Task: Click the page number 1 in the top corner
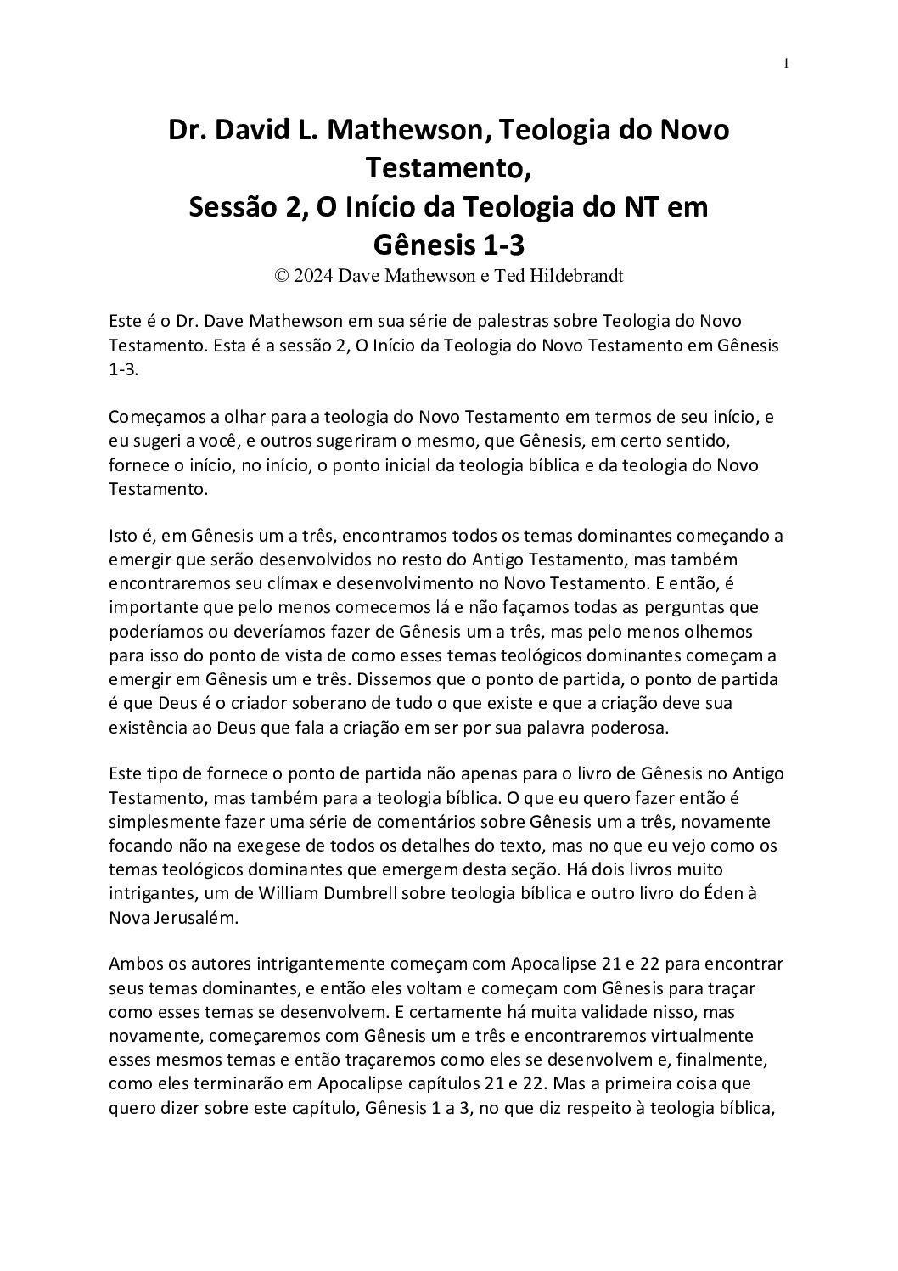(x=787, y=62)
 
